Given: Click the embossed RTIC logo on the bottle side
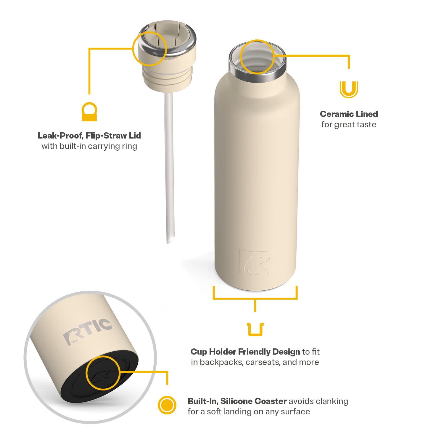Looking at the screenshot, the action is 255,262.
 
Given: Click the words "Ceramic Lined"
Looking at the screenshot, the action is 349,114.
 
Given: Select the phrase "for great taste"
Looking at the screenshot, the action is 349,124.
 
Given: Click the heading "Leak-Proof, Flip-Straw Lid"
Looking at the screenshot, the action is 89,136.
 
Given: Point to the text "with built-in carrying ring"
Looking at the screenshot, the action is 89,146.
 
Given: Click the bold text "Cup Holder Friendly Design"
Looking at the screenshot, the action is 245,352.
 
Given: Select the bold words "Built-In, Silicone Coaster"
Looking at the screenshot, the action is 237,401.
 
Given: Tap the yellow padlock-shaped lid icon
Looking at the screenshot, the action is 89,112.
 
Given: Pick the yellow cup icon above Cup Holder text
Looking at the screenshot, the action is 255,329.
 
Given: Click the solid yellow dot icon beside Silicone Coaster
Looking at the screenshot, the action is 167,405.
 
